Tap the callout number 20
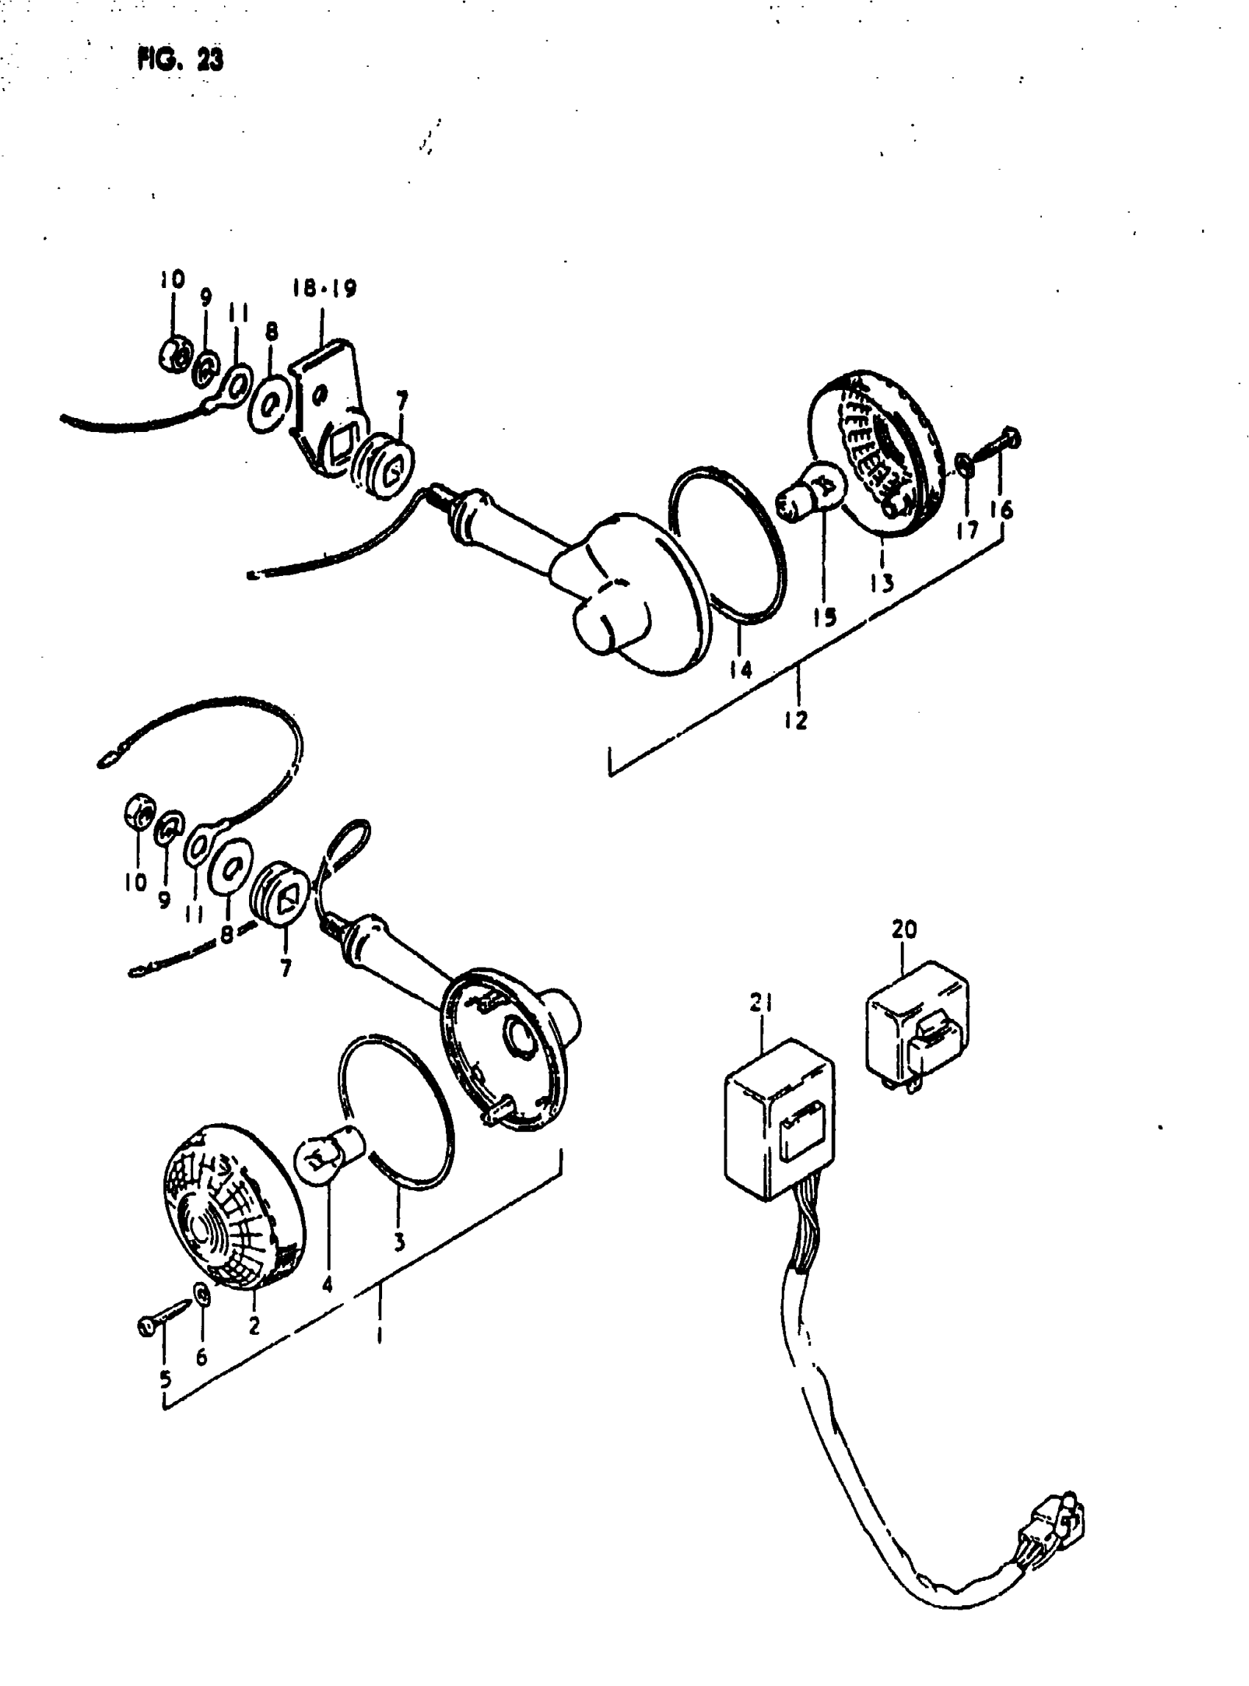(904, 929)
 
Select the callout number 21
(761, 1004)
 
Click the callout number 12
(796, 720)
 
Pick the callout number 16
(1006, 511)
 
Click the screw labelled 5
(161, 1324)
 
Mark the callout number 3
(399, 1242)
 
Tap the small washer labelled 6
(202, 1294)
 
